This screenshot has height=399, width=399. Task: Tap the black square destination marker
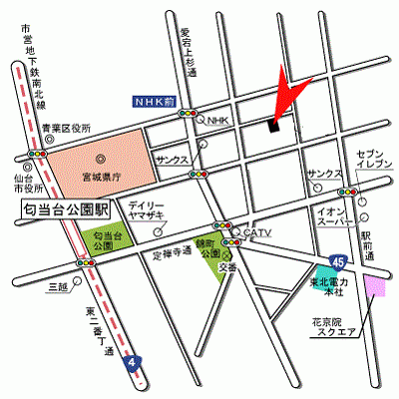[273, 126]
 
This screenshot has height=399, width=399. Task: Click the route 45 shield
[341, 261]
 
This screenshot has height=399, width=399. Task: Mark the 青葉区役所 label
[67, 129]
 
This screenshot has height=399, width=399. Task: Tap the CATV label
[258, 233]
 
